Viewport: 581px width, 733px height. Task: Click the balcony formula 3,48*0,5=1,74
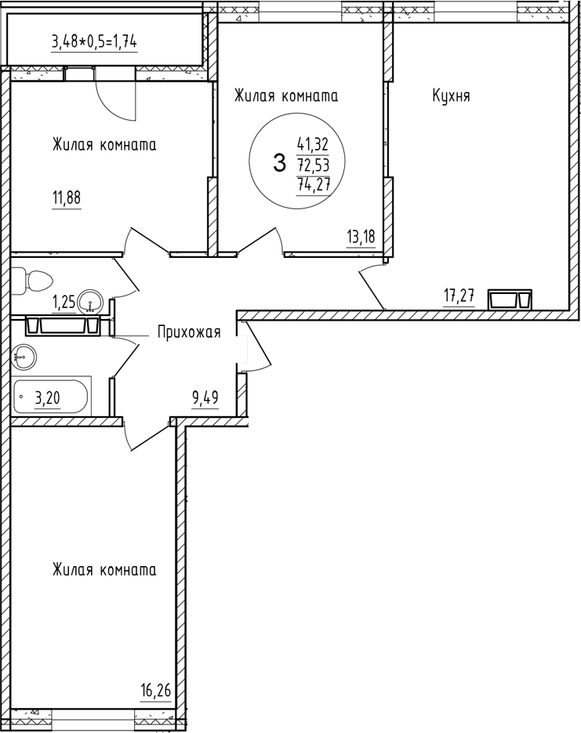click(94, 42)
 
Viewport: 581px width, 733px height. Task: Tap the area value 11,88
click(67, 197)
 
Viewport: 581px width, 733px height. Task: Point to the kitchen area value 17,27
click(459, 296)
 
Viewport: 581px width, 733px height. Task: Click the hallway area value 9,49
click(205, 397)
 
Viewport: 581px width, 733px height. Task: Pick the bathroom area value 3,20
click(47, 398)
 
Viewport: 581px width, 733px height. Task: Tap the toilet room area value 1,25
click(64, 300)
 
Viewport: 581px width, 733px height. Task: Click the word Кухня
click(451, 96)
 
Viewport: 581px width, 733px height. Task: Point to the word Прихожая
click(189, 332)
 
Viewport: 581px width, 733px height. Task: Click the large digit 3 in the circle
click(278, 164)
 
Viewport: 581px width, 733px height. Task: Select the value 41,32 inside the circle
click(312, 144)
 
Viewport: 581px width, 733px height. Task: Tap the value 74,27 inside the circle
click(312, 186)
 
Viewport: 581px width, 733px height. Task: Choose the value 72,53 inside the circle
click(312, 165)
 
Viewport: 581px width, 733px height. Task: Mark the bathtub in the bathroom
click(52, 397)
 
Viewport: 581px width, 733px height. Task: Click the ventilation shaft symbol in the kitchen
click(510, 299)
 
